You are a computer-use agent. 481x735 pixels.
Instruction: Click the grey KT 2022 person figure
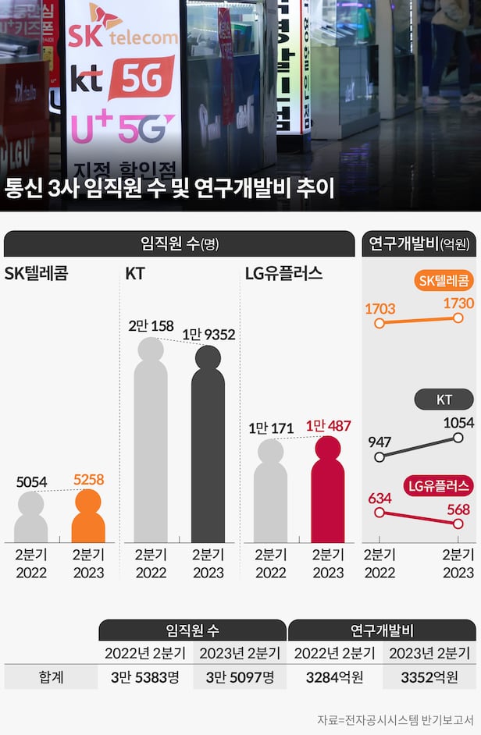[x=150, y=445]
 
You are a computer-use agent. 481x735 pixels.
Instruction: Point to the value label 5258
[x=88, y=479]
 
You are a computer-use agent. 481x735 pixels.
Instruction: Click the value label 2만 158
[x=151, y=325]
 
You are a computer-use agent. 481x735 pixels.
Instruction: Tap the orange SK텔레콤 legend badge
[x=443, y=282]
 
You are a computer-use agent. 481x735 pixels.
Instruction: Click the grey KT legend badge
[x=444, y=400]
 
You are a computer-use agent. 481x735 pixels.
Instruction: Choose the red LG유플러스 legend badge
[x=439, y=486]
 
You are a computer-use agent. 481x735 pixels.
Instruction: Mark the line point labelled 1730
[x=458, y=319]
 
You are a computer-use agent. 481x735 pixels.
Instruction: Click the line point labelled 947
[x=379, y=457]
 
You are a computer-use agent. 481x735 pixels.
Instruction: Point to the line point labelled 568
[x=458, y=524]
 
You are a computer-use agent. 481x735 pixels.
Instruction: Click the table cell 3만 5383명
[x=145, y=676]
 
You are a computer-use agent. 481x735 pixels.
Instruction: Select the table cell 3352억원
[x=429, y=676]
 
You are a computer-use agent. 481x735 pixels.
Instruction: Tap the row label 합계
[x=52, y=676]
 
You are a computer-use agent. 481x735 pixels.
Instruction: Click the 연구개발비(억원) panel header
[x=419, y=243]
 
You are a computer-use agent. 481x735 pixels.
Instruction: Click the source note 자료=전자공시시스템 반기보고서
[x=397, y=719]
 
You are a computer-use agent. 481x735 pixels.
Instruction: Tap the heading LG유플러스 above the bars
[x=283, y=274]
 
